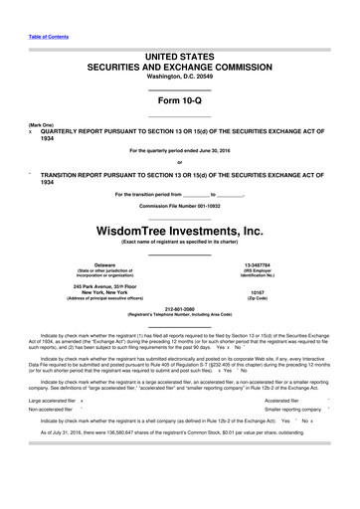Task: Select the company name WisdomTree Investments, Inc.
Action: pyautogui.click(x=179, y=232)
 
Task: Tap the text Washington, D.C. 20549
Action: pyautogui.click(x=179, y=76)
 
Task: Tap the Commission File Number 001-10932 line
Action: pyautogui.click(x=179, y=205)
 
